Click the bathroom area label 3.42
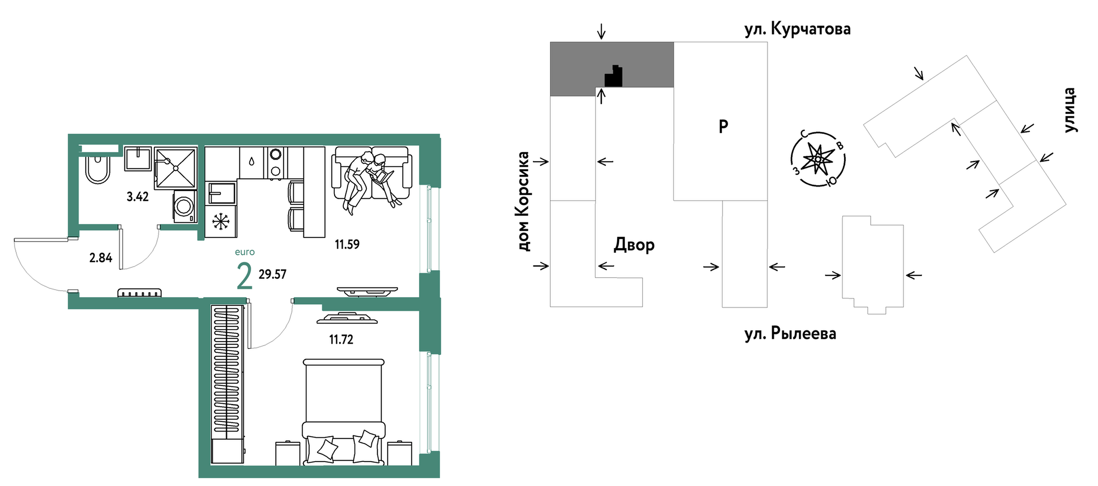pos(137,197)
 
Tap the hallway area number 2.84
pos(101,258)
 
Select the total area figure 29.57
pos(272,274)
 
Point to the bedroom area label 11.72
pos(341,339)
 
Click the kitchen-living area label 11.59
pos(347,244)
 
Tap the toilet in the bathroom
pos(98,169)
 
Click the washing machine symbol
pos(184,206)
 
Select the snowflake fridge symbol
pos(220,221)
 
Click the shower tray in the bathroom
pos(175,167)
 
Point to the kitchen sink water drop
pos(251,161)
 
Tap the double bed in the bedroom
pos(343,412)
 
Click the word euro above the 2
pos(245,252)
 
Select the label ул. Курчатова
pos(797,29)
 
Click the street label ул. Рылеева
pos(790,333)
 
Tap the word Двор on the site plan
pos(634,245)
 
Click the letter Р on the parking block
pos(723,126)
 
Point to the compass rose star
pos(818,159)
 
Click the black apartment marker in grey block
pos(614,77)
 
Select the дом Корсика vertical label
pos(523,201)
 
